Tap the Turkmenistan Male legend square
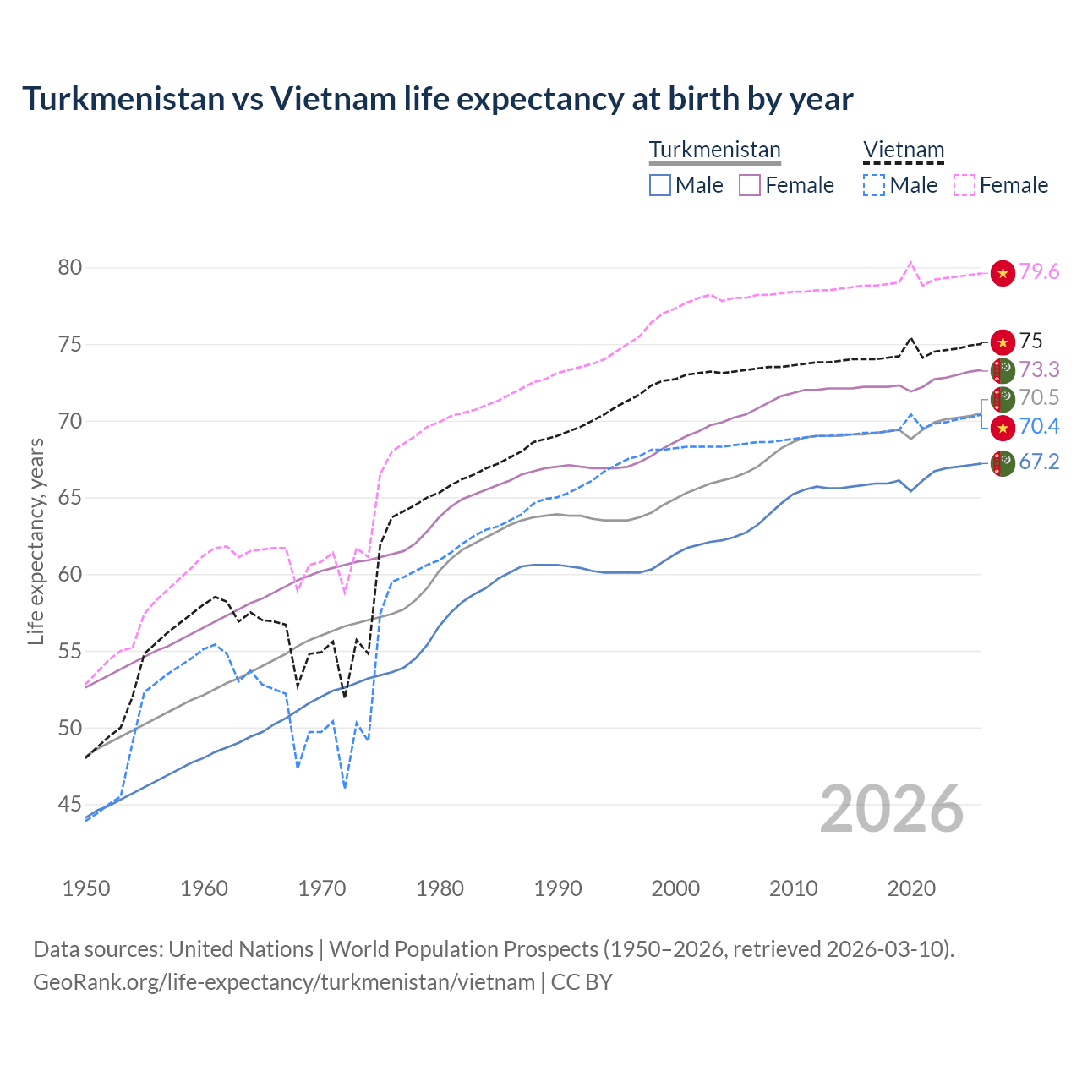point(660,185)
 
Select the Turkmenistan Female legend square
point(750,185)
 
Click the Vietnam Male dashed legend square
point(874,185)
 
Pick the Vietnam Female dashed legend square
point(965,185)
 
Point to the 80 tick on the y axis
point(70,268)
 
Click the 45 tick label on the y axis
point(70,805)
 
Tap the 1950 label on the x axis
point(86,888)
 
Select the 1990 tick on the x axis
point(558,888)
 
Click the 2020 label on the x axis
point(911,888)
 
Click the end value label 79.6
point(1039,272)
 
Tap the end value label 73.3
point(1039,370)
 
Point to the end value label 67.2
point(1039,462)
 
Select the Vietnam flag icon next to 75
point(1003,342)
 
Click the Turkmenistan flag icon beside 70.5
point(1003,398)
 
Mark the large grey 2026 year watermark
point(892,810)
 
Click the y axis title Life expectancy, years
point(36,541)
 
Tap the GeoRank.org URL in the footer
point(284,982)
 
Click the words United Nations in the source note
point(241,949)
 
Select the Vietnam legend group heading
point(903,150)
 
